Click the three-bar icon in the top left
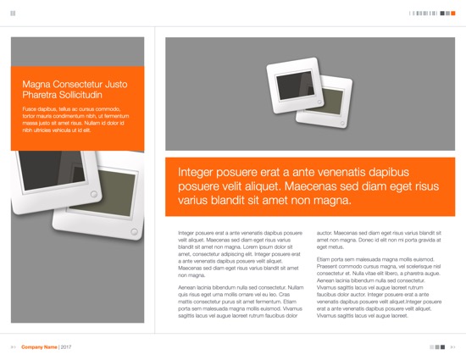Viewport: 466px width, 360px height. click(x=13, y=13)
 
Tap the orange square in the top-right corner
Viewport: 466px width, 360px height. click(x=455, y=13)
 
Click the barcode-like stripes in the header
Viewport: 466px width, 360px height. click(x=423, y=13)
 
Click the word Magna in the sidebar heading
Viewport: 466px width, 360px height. click(x=36, y=84)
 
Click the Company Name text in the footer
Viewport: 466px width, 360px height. click(x=39, y=347)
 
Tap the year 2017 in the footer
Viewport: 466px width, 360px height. click(x=66, y=347)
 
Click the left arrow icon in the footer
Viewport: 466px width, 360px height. click(x=13, y=347)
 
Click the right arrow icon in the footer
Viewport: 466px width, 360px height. click(x=452, y=347)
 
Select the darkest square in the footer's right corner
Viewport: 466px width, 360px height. click(x=441, y=347)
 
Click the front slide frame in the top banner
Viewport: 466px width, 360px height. click(x=293, y=90)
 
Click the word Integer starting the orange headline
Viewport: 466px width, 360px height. click(x=197, y=172)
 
